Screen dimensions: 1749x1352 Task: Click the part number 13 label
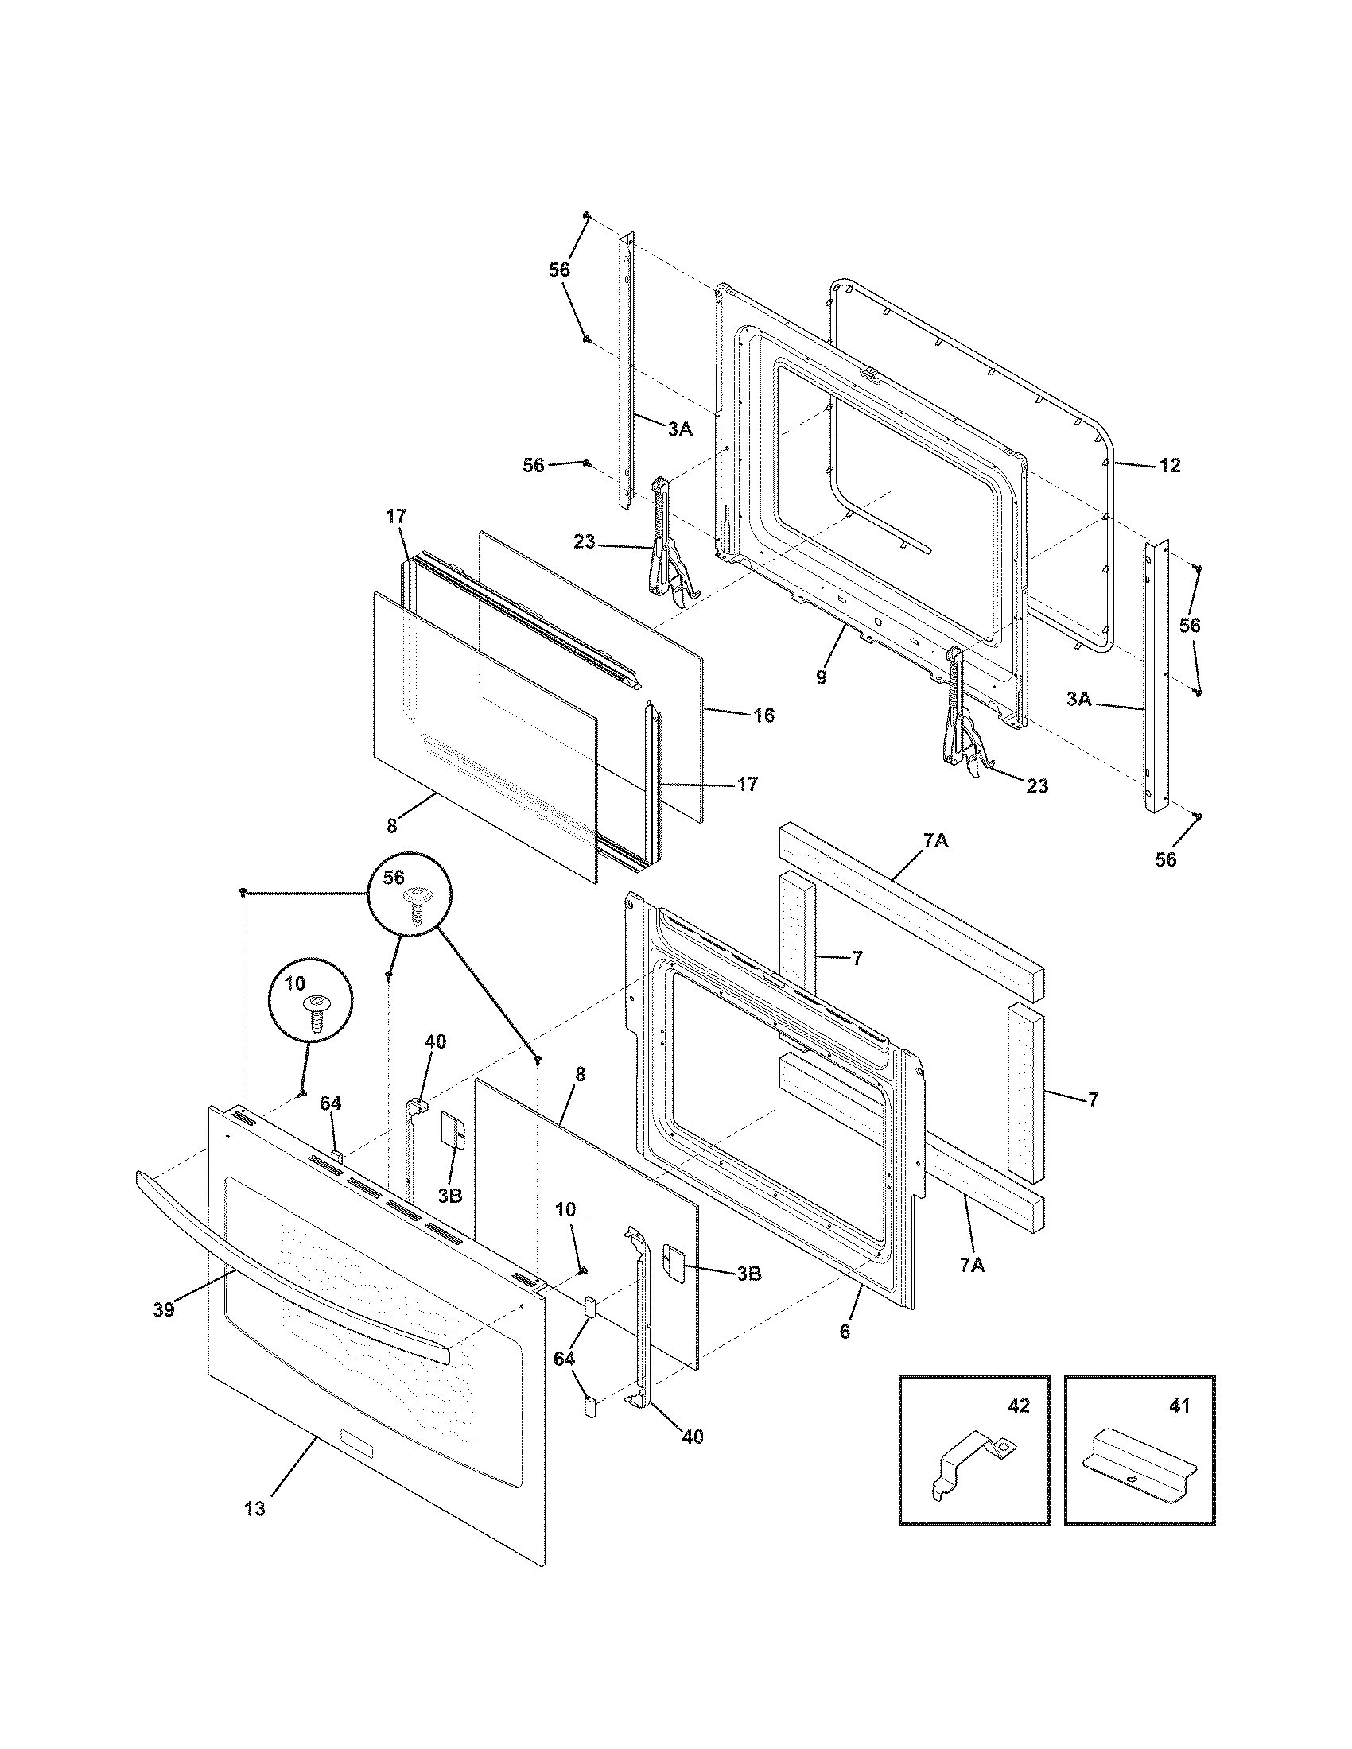pos(254,1508)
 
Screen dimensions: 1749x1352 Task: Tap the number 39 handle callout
pos(163,1311)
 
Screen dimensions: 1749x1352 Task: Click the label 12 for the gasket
pos(1169,465)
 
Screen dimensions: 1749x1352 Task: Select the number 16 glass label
pos(764,715)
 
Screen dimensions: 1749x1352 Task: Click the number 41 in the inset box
pos(1179,1406)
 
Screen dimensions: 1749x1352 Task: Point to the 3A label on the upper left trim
pos(679,429)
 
